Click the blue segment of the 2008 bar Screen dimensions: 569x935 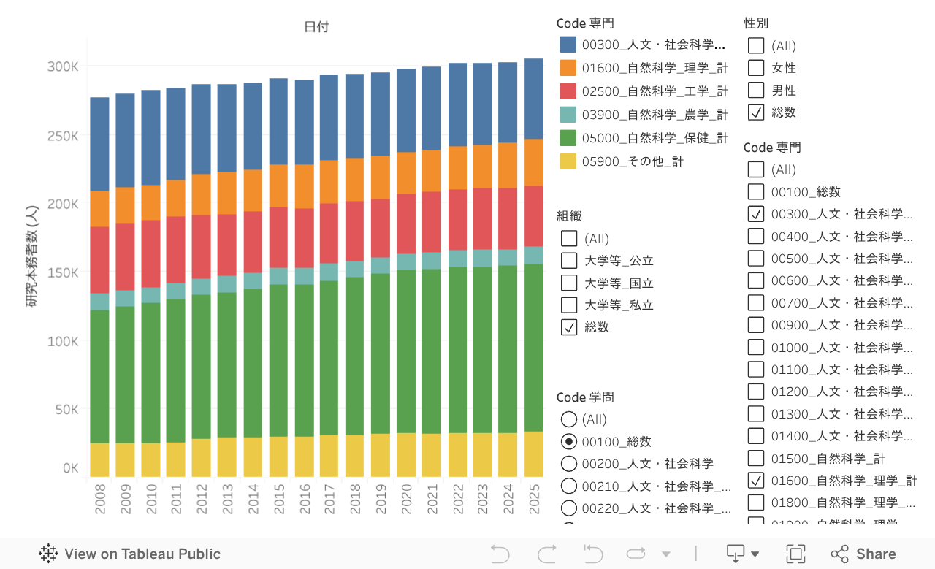coord(99,144)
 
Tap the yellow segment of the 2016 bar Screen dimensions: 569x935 coord(304,457)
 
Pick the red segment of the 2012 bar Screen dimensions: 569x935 coord(202,247)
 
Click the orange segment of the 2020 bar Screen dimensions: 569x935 coord(406,173)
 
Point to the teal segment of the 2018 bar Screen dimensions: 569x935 coord(354,269)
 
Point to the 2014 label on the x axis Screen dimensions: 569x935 coord(253,501)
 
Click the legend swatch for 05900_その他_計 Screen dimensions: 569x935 coord(568,161)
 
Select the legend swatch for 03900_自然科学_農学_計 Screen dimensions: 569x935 coord(568,115)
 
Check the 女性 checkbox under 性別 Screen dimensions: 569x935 coord(756,68)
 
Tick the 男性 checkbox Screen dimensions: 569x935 coord(756,91)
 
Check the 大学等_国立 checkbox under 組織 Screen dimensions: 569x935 coord(569,283)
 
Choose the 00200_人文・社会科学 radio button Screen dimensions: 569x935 coord(568,464)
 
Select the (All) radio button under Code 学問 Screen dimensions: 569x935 coord(568,419)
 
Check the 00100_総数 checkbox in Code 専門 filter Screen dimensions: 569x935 coord(756,192)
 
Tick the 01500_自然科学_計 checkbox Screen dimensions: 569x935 coord(756,459)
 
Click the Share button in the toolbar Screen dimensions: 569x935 coord(863,554)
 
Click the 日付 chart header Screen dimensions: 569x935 coord(316,27)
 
